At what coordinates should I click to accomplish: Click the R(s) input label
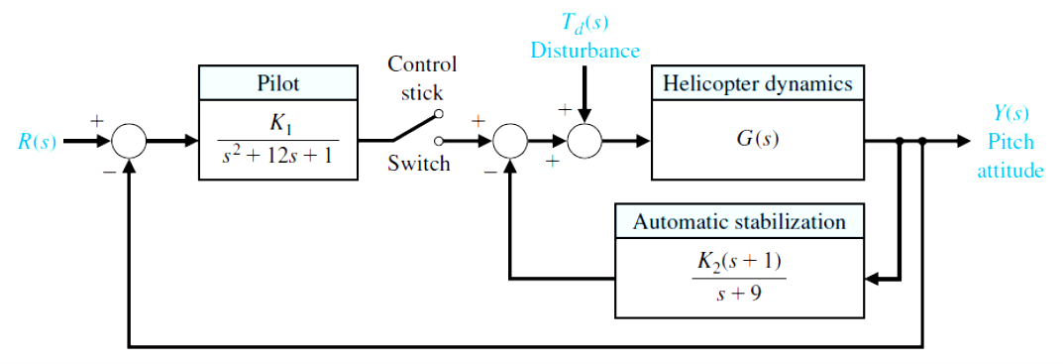click(37, 142)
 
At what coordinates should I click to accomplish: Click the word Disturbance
click(585, 50)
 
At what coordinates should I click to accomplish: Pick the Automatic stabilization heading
click(739, 221)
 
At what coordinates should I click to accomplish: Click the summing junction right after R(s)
click(129, 142)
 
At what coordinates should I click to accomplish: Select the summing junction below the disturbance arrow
click(585, 142)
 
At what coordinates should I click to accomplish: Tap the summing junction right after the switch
click(509, 142)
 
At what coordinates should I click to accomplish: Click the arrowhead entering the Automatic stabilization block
click(873, 280)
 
